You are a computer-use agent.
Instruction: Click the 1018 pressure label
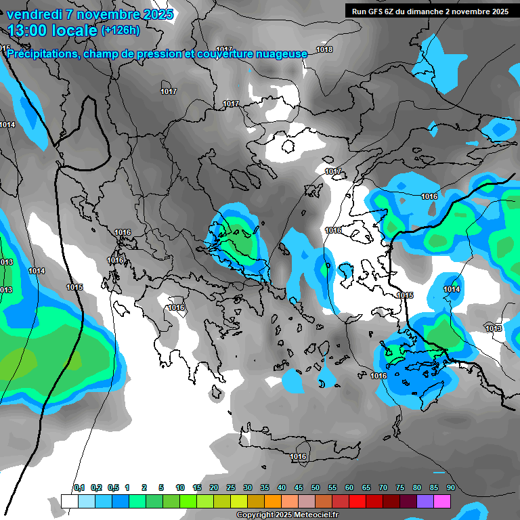(324, 49)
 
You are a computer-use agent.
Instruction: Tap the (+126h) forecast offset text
(121, 30)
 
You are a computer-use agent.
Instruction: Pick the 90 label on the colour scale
(450, 487)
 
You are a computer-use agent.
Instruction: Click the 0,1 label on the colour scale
(79, 487)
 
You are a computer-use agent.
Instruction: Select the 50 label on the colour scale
(316, 487)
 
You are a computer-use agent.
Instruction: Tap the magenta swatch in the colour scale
(442, 501)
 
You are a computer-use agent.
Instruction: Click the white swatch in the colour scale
(70, 501)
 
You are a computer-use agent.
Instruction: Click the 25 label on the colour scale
(231, 487)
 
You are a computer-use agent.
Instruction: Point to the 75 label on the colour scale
(400, 487)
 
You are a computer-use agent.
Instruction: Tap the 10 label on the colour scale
(180, 487)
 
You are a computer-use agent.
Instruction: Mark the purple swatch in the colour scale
(425, 501)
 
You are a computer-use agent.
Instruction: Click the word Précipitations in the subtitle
(42, 53)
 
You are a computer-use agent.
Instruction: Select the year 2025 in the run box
(500, 12)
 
